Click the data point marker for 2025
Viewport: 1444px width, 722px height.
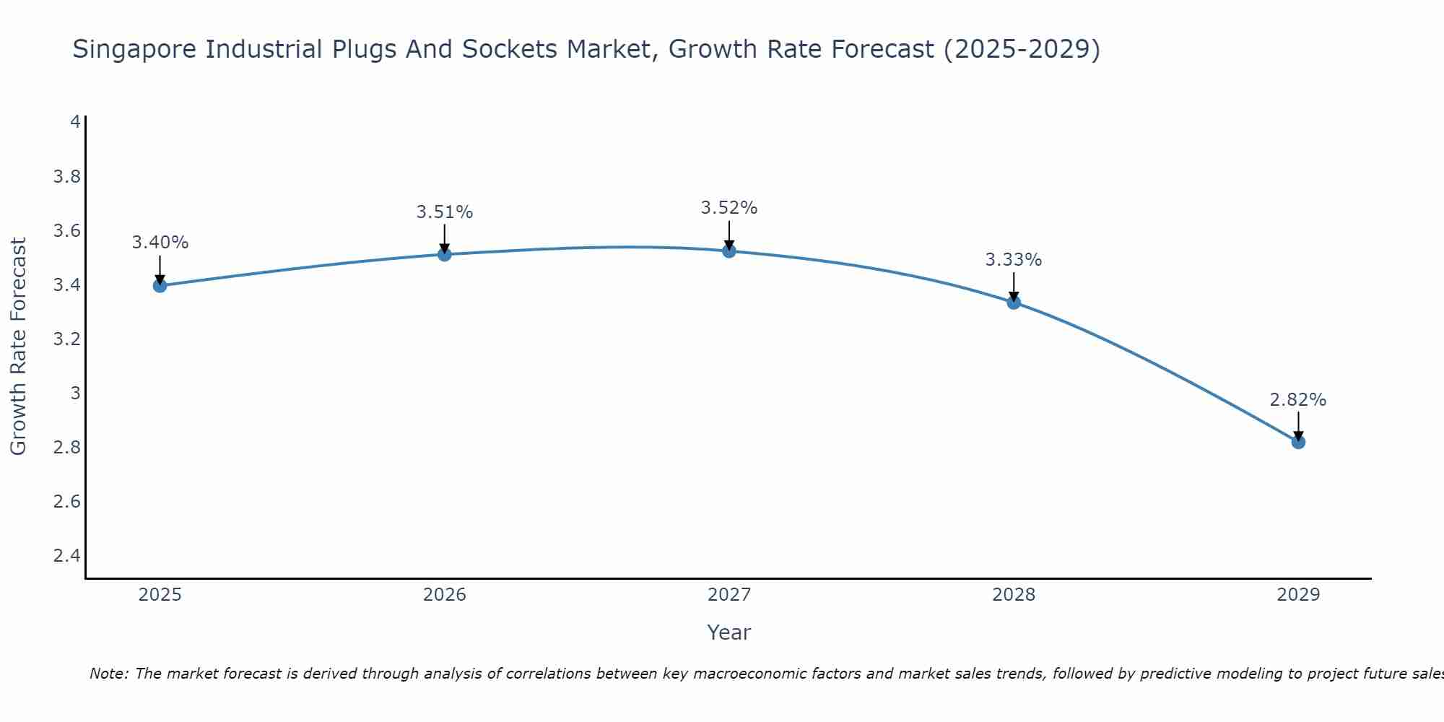160,286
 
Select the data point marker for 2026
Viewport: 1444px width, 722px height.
445,254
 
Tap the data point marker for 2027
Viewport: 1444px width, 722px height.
729,251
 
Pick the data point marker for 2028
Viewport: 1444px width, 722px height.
1014,303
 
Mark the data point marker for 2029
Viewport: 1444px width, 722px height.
1298,442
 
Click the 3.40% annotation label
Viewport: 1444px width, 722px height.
160,243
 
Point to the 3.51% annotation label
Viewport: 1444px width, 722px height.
445,212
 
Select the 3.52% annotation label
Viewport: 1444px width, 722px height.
729,208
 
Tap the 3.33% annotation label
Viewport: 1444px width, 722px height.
1014,260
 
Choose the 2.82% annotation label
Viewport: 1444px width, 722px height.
1298,400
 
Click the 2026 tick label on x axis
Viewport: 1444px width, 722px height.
445,595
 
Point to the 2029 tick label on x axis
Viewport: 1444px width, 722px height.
1298,595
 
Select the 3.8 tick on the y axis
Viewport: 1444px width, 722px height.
67,177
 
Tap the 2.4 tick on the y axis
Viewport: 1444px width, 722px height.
67,556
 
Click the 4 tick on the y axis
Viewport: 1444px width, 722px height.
75,122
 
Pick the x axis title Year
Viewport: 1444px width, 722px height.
729,632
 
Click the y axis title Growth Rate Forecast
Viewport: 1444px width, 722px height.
18,347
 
